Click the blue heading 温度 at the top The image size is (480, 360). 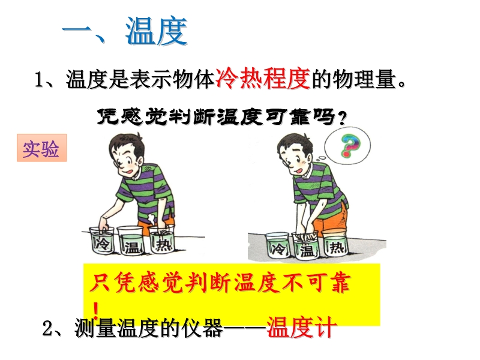pos(157,31)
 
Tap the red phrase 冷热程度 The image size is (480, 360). pos(263,79)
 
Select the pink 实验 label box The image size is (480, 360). pos(41,148)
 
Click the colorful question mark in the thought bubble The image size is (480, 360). pos(350,145)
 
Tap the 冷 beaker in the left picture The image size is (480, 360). pos(101,241)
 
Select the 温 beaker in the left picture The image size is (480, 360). pos(131,241)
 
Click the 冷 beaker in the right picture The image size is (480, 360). pos(277,245)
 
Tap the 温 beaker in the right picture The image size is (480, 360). pos(306,247)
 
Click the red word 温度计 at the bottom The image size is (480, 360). pos(302,328)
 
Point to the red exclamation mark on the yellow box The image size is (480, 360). pos(96,310)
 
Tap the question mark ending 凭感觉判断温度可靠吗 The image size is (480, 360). pos(342,118)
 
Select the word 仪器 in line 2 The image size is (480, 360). pos(202,328)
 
